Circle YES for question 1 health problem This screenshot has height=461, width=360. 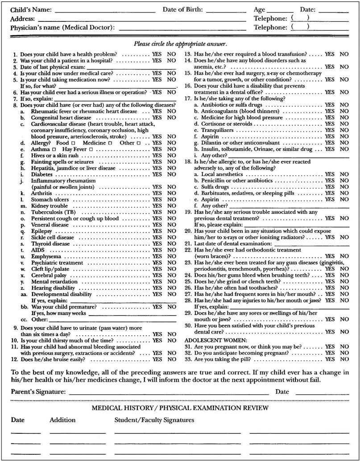[157, 54]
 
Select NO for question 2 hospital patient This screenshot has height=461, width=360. [171, 60]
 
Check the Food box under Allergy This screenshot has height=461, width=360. [73, 143]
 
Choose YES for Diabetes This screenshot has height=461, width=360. [157, 175]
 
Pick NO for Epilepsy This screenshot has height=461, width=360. [171, 231]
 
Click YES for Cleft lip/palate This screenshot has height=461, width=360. [157, 269]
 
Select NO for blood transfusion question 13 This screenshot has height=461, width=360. [344, 54]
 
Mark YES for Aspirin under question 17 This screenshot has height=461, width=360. [330, 136]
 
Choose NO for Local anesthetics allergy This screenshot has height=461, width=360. [344, 174]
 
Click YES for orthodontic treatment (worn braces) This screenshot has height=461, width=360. [330, 256]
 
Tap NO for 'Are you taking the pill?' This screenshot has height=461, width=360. [344, 359]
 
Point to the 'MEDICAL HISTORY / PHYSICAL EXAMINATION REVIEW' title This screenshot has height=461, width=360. [180, 408]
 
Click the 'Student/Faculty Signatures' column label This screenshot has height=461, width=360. [154, 420]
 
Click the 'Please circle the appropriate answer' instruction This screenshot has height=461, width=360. [180, 44]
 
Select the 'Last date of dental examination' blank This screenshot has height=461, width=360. [311, 244]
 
